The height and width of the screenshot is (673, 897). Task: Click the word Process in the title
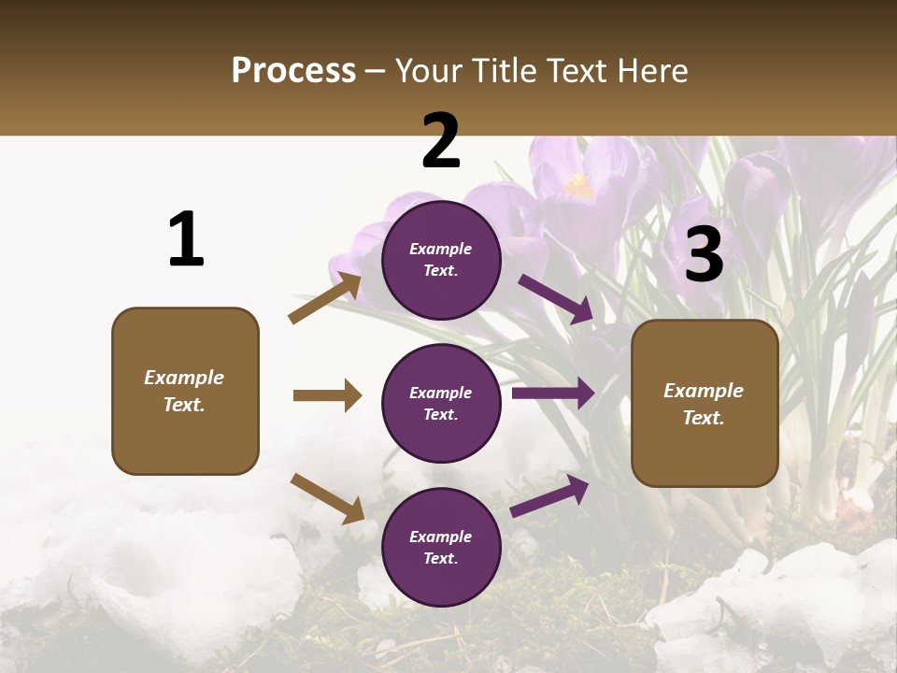(293, 71)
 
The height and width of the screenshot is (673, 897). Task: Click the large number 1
(186, 240)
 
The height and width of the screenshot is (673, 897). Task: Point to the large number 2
(441, 141)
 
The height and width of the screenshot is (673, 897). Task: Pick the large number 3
(704, 255)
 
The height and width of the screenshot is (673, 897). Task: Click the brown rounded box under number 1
(185, 391)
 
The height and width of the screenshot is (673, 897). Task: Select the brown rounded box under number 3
(705, 403)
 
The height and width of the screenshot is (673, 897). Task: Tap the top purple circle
(441, 260)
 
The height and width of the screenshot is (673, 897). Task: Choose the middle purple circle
(441, 403)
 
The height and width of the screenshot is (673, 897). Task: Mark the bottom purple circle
(441, 547)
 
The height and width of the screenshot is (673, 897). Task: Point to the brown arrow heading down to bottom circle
(327, 498)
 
